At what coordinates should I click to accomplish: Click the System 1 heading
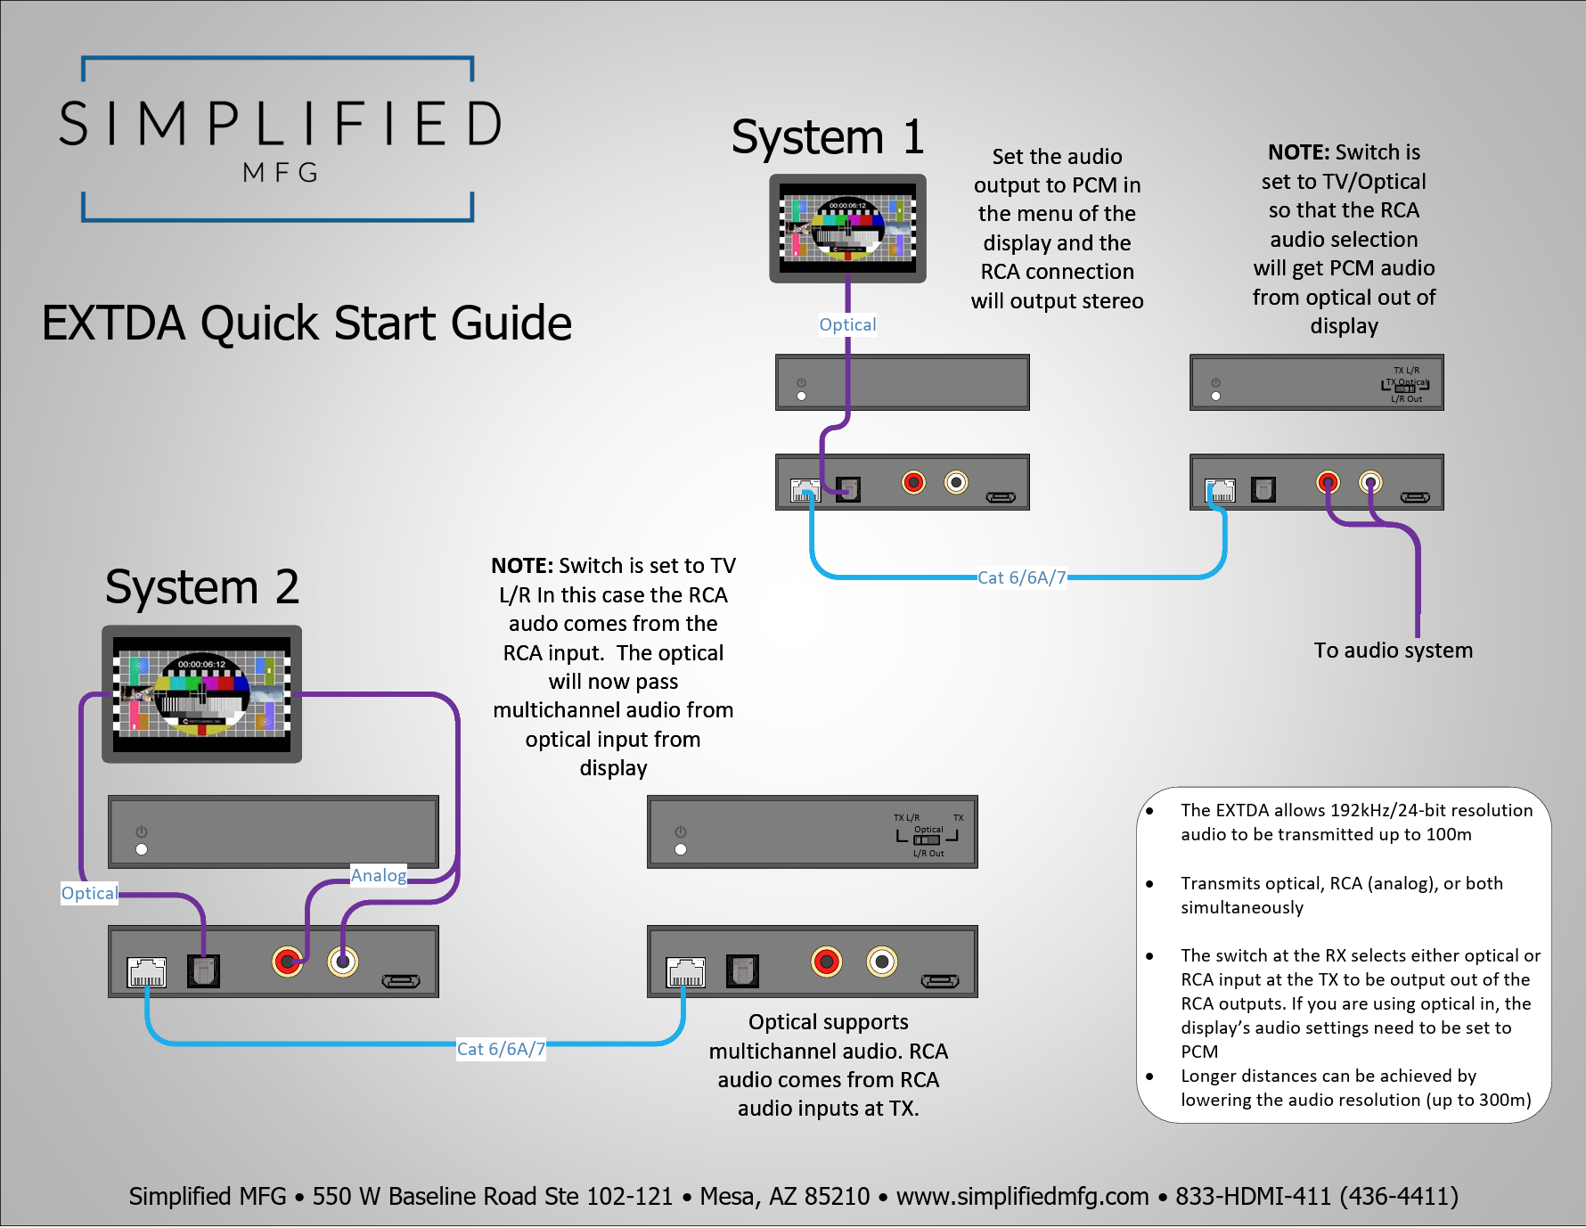point(827,138)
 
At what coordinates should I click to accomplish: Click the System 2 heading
point(201,588)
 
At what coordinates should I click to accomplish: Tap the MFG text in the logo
point(281,173)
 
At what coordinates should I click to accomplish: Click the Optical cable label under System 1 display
point(847,325)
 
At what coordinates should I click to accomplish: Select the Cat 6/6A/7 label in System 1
point(1021,577)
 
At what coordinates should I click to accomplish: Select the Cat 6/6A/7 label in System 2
point(501,1049)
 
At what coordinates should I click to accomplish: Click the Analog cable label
point(379,875)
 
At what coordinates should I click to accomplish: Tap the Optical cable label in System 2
point(89,893)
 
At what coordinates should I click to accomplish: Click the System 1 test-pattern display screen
point(847,228)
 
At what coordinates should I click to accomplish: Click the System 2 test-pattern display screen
point(201,694)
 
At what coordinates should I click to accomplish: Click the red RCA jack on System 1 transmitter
point(913,483)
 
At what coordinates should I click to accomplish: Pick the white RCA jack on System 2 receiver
point(881,962)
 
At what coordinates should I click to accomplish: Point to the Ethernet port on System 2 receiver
point(685,972)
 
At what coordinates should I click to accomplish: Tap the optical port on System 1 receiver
point(1263,489)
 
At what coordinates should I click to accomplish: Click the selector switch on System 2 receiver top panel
point(927,839)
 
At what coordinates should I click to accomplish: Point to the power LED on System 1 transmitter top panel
point(801,396)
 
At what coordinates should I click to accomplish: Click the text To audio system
point(1393,651)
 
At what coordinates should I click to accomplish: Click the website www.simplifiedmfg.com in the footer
point(1022,1196)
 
